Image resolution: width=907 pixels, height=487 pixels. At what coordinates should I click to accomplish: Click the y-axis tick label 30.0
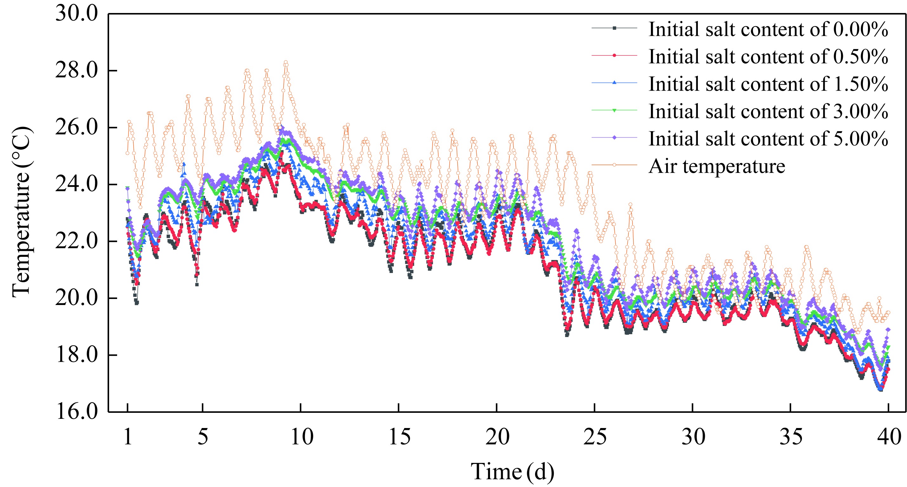(76, 14)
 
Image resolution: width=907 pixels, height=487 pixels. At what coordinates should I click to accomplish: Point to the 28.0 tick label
(76, 71)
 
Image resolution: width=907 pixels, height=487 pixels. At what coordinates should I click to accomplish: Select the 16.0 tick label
(76, 411)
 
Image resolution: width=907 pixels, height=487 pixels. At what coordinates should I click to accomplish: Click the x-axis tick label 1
(128, 438)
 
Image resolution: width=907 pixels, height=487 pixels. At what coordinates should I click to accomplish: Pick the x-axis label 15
(399, 438)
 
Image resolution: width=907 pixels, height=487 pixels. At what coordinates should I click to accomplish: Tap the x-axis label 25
(595, 438)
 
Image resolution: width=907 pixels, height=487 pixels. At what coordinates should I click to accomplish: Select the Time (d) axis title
(513, 472)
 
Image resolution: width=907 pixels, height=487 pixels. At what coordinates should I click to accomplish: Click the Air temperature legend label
(717, 166)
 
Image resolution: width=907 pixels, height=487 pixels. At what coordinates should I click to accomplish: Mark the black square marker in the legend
(614, 28)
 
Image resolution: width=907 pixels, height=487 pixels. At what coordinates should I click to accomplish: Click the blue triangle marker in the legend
(614, 83)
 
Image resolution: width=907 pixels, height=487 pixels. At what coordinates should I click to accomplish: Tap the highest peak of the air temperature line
(286, 62)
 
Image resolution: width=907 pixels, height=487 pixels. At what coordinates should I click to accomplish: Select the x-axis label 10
(301, 438)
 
